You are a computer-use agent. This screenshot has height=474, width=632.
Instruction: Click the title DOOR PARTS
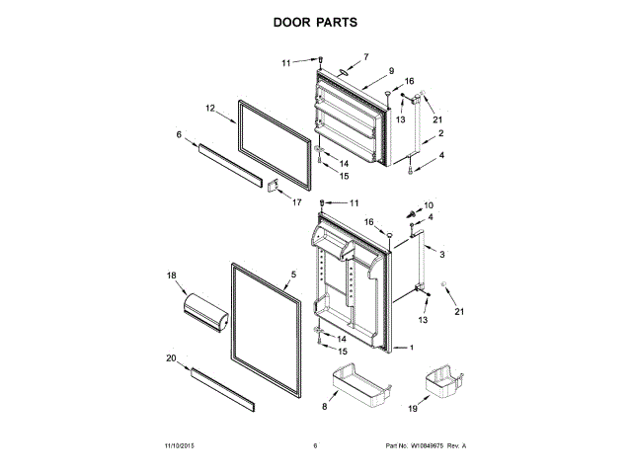[315, 21]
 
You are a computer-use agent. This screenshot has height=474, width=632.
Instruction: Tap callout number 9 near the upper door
[391, 71]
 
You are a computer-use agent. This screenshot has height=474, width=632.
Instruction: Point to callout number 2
[440, 133]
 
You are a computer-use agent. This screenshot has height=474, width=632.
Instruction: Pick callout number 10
[428, 204]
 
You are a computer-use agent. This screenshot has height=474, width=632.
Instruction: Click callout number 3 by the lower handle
[441, 255]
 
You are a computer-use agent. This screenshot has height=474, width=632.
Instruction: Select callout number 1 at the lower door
[412, 348]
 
